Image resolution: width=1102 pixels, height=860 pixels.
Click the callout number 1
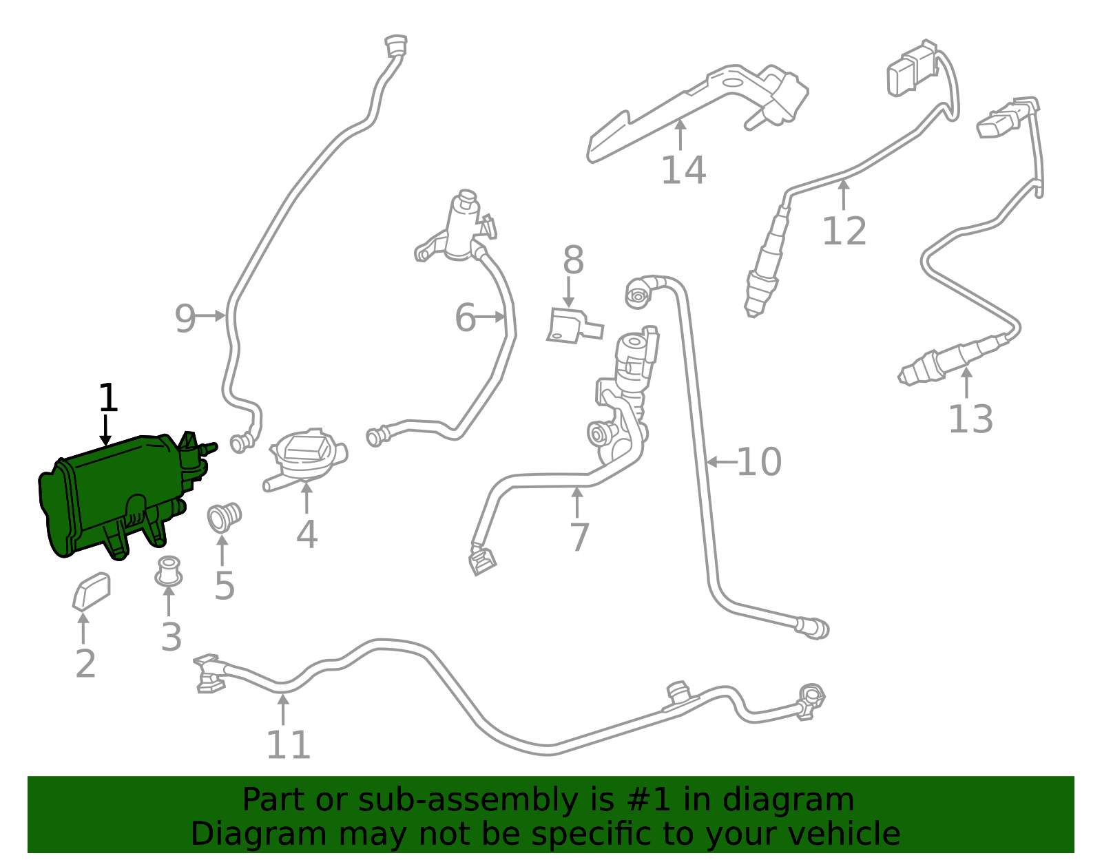(108, 397)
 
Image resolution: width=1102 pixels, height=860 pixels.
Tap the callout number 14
(683, 170)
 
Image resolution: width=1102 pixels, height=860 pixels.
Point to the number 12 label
(844, 231)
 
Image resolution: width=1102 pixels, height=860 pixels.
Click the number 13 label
(970, 419)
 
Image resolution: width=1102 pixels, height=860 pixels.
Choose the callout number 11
(288, 745)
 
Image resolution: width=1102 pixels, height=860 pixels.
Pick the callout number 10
(759, 462)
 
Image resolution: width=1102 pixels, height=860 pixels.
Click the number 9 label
(185, 318)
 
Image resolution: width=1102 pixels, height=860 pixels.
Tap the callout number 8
(574, 260)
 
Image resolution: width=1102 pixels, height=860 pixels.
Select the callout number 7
(579, 537)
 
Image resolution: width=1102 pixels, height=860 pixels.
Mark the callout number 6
(465, 317)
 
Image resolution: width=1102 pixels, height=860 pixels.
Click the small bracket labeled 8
(574, 325)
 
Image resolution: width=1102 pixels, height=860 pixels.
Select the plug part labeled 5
(224, 517)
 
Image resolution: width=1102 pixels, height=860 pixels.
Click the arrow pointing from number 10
(722, 462)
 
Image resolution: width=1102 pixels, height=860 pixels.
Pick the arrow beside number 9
(211, 316)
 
